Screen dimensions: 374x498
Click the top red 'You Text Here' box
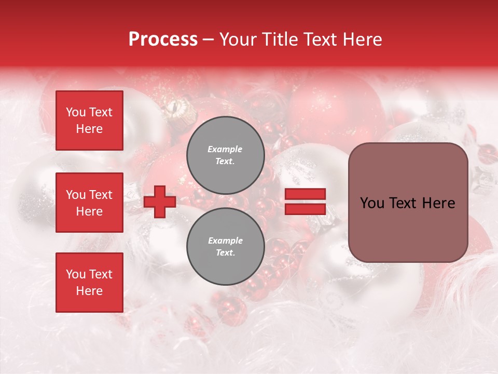tap(89, 121)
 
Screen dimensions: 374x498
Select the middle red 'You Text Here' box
tap(89, 203)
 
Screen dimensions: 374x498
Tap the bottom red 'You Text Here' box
tap(89, 282)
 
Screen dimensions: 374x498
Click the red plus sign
tap(160, 202)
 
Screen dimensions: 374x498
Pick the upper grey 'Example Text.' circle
tap(225, 155)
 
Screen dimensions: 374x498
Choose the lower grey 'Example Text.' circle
tap(225, 246)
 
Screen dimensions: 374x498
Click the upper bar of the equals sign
tap(305, 194)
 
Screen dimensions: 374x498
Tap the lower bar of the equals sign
tap(305, 209)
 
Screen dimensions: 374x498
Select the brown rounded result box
tap(408, 203)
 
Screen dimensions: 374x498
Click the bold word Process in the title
tap(163, 39)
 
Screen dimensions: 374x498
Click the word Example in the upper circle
tap(225, 149)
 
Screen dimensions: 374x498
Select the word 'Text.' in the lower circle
tap(225, 252)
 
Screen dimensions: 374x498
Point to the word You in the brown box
tap(372, 203)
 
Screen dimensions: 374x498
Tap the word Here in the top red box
tap(89, 129)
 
